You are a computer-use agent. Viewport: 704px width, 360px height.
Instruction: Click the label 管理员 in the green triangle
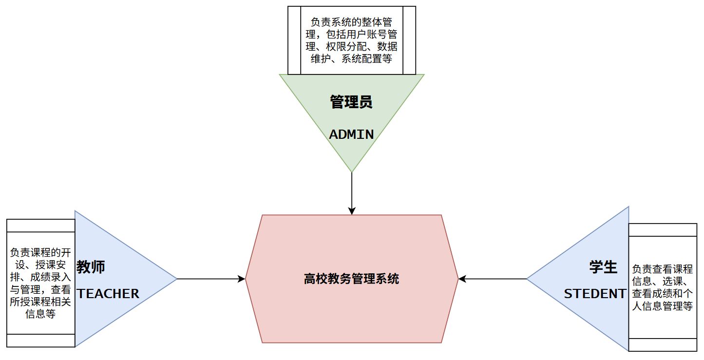coord(351,102)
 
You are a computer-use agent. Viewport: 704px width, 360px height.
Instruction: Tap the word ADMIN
coord(351,134)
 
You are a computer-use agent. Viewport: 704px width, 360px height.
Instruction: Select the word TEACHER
coord(108,294)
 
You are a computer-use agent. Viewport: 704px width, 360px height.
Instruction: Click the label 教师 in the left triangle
coord(91,267)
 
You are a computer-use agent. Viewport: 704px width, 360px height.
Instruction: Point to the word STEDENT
coord(595,294)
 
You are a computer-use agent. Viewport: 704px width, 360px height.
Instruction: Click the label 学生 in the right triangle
coord(603,267)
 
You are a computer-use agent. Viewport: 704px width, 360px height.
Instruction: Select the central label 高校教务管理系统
coord(351,279)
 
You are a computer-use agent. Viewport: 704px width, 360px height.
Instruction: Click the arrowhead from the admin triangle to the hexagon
coord(352,211)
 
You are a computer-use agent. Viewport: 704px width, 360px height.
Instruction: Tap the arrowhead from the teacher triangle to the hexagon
coord(241,279)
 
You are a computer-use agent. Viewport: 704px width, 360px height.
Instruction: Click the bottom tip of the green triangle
coord(352,171)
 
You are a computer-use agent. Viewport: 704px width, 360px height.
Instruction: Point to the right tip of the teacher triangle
coord(176,279)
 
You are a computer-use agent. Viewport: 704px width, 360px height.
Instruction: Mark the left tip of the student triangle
coord(528,279)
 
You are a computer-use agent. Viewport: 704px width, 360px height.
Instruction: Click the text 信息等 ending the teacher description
coord(40,314)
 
